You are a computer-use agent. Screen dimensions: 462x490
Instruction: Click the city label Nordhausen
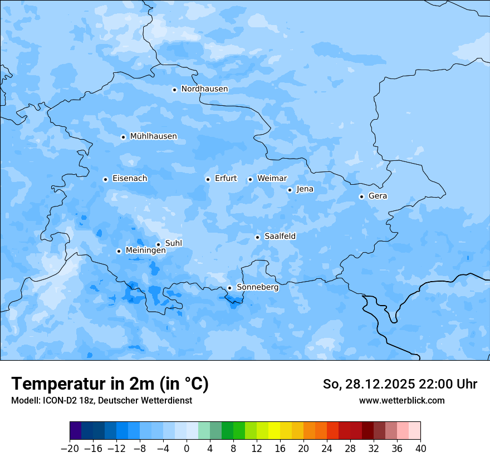(x=204, y=89)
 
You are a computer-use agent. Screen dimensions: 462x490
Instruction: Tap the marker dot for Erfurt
(x=208, y=179)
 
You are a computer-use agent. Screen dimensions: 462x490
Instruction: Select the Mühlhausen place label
(x=153, y=136)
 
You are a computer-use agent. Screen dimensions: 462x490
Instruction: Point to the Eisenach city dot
(x=105, y=179)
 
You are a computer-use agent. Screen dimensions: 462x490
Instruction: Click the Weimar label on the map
(x=272, y=179)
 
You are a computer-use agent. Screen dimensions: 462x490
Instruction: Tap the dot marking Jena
(x=290, y=190)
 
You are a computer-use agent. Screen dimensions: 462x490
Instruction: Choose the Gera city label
(x=378, y=196)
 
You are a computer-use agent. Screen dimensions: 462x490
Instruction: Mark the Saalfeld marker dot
(x=258, y=237)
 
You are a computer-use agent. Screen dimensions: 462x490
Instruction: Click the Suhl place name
(x=173, y=243)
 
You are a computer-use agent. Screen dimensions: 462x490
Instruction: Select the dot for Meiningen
(x=119, y=251)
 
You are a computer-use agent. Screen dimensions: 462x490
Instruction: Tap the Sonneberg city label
(x=257, y=287)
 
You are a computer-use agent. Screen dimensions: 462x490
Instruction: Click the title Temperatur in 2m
(x=110, y=384)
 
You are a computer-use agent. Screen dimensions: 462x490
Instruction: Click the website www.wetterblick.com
(x=401, y=400)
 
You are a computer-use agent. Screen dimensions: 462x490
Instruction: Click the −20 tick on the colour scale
(x=70, y=449)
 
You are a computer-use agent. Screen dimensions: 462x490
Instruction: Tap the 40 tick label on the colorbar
(x=420, y=449)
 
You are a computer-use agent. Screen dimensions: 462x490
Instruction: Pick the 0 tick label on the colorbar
(x=187, y=449)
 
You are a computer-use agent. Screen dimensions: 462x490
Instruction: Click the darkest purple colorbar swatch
(x=75, y=431)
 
